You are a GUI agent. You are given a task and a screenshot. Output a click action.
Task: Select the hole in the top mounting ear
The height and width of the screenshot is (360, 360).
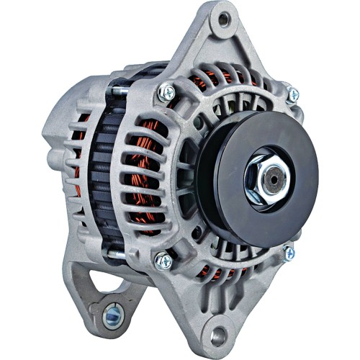pos(224,19)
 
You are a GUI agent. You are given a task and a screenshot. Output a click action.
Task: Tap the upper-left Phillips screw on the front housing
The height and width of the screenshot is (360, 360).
pos(166,91)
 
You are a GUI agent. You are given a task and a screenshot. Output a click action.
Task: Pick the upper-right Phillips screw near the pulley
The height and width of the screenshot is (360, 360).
pos(292,94)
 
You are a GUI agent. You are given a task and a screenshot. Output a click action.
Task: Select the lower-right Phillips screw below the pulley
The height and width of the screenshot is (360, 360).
pos(288,253)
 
